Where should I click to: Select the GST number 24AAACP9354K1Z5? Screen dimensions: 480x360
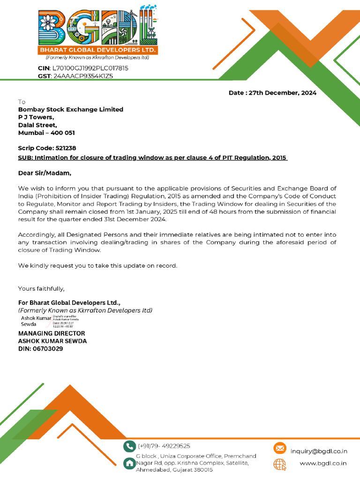coord(83,76)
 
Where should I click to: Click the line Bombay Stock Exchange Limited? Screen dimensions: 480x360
coord(70,110)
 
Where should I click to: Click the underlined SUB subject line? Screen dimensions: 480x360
coord(153,158)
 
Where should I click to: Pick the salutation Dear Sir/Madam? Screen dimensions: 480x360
coord(45,173)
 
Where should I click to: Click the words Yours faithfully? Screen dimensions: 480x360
coord(41,288)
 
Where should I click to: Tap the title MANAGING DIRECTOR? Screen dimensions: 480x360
coord(52,333)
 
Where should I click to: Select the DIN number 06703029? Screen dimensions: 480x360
coord(50,349)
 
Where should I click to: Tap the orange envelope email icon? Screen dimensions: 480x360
coord(280,449)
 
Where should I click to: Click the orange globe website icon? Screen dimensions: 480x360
coord(280,464)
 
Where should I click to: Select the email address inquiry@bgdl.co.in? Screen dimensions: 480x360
coord(319,451)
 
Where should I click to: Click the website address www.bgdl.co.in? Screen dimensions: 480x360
coord(323,464)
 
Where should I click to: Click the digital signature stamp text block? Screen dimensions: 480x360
coord(66,322)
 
